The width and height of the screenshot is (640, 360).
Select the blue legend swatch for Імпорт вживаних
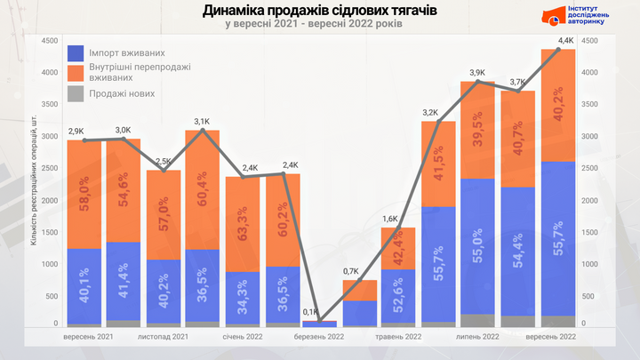click(x=76, y=52)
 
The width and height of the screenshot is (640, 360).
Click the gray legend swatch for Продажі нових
click(x=76, y=93)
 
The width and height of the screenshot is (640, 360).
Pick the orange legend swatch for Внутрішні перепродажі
click(x=76, y=73)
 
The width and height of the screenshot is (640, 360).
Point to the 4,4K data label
click(x=566, y=41)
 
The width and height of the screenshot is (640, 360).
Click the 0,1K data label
click(x=310, y=312)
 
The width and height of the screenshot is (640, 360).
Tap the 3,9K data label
click(x=476, y=73)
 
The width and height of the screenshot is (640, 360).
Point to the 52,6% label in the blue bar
click(x=404, y=293)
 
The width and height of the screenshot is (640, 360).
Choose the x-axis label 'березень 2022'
click(x=319, y=338)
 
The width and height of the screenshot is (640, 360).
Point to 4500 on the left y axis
click(x=50, y=40)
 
